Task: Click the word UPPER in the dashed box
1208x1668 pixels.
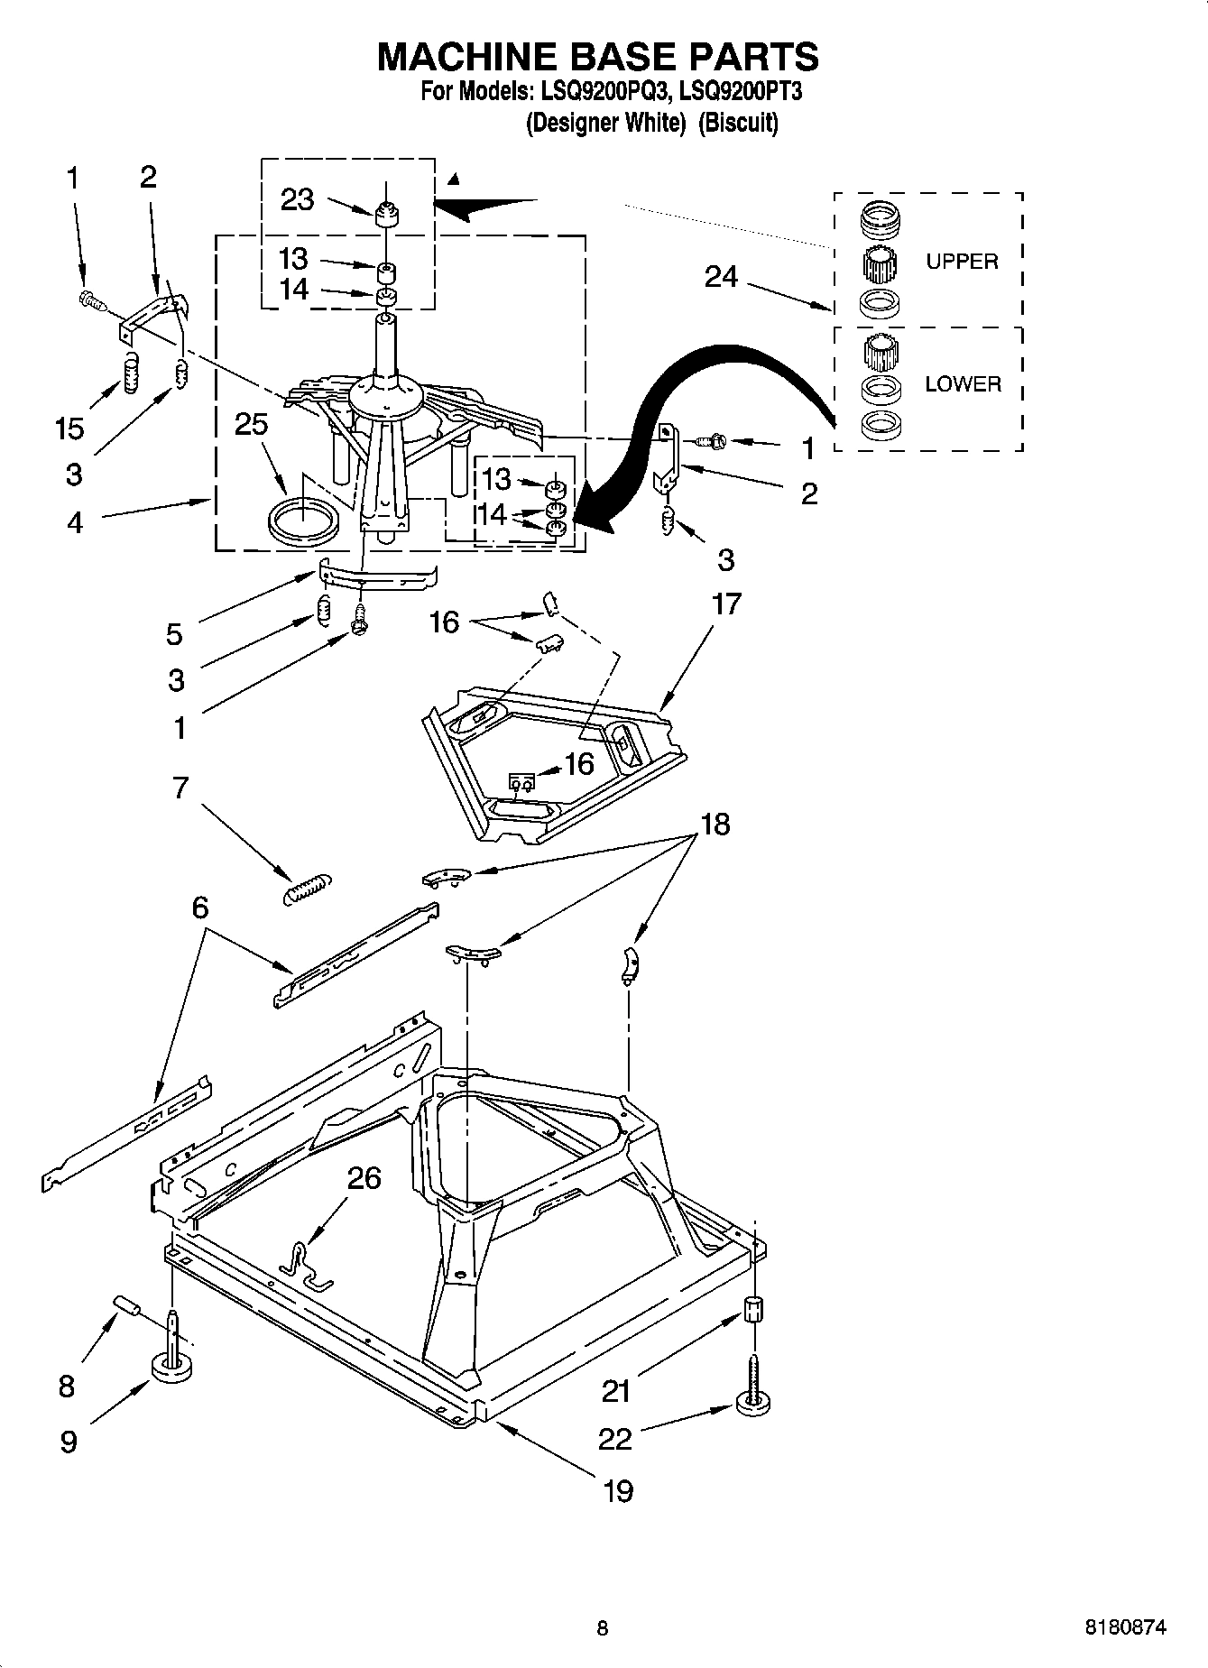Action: pyautogui.click(x=962, y=262)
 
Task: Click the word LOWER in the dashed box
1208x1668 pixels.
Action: pyautogui.click(x=963, y=384)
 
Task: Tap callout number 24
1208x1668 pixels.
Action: pyautogui.click(x=721, y=278)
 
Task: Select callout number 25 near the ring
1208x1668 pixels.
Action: pyautogui.click(x=252, y=424)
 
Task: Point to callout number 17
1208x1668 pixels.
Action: pyautogui.click(x=726, y=604)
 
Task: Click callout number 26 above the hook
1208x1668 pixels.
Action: pyautogui.click(x=364, y=1178)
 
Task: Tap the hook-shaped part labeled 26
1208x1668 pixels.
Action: pyautogui.click(x=307, y=1264)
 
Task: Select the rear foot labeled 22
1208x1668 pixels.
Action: pyautogui.click(x=754, y=1400)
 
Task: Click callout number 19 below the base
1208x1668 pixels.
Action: pyautogui.click(x=618, y=1490)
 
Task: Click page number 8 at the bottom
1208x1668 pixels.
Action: pyautogui.click(x=603, y=1628)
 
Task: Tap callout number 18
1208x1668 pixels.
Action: pyautogui.click(x=715, y=824)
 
